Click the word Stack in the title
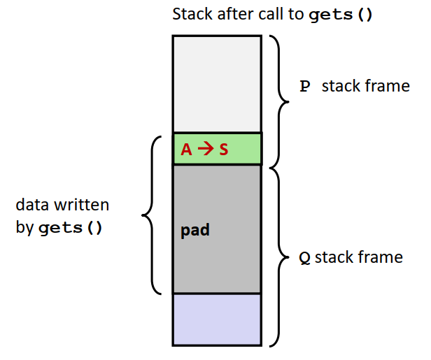pos(191,14)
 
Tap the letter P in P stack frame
pos(304,87)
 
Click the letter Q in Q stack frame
pos(304,258)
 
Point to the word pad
pos(195,230)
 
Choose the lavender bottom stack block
pos(217,319)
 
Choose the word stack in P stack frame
pos(341,87)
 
